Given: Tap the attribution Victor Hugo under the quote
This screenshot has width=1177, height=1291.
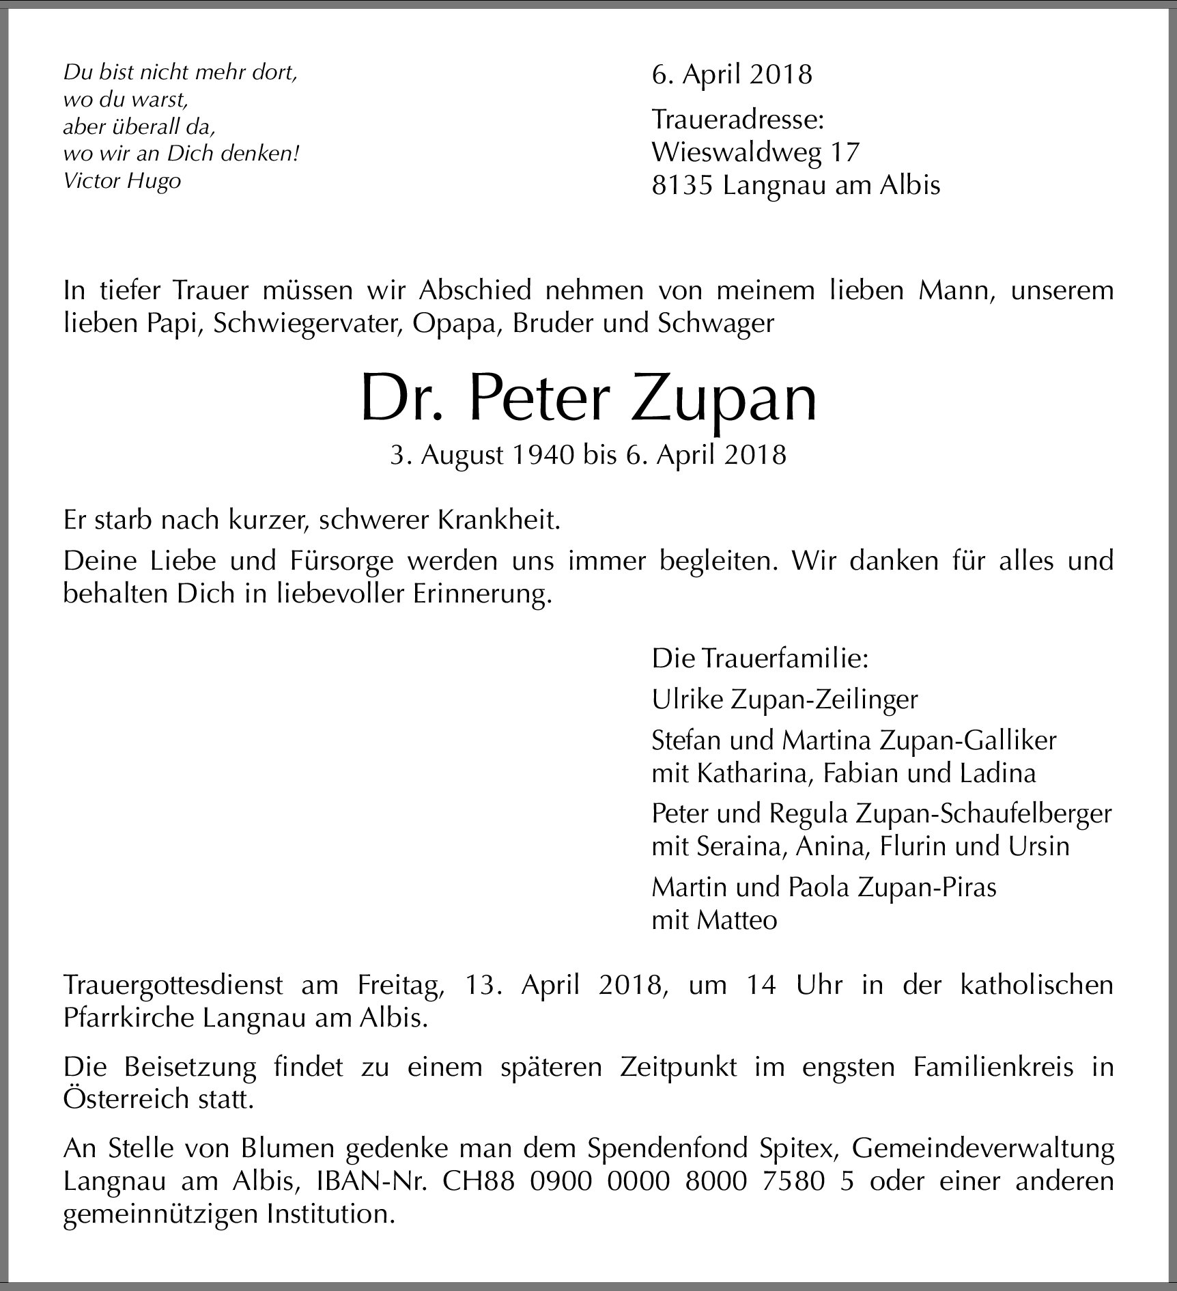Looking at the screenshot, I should pyautogui.click(x=122, y=181).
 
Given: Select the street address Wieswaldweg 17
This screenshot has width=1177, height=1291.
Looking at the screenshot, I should pyautogui.click(x=755, y=152).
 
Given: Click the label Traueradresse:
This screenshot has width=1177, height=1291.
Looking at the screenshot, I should pyautogui.click(x=738, y=120).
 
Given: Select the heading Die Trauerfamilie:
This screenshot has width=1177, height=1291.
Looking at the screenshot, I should pyautogui.click(x=760, y=659).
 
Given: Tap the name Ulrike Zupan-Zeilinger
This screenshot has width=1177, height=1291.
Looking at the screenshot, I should pyautogui.click(x=784, y=699).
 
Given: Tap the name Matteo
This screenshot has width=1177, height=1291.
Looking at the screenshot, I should pyautogui.click(x=737, y=921).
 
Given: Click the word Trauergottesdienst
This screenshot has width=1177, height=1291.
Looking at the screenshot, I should pyautogui.click(x=173, y=986).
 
